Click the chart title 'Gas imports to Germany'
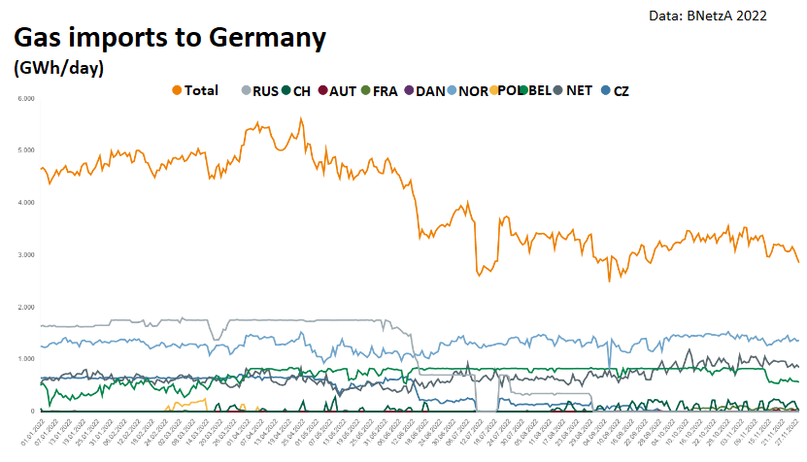point(168,39)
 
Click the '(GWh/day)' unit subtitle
point(58,69)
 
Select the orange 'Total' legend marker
point(177,90)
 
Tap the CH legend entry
point(295,91)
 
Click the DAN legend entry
point(423,91)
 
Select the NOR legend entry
point(467,91)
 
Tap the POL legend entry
point(502,91)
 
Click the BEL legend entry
point(535,91)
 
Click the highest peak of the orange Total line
point(301,118)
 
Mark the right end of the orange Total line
point(799,262)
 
